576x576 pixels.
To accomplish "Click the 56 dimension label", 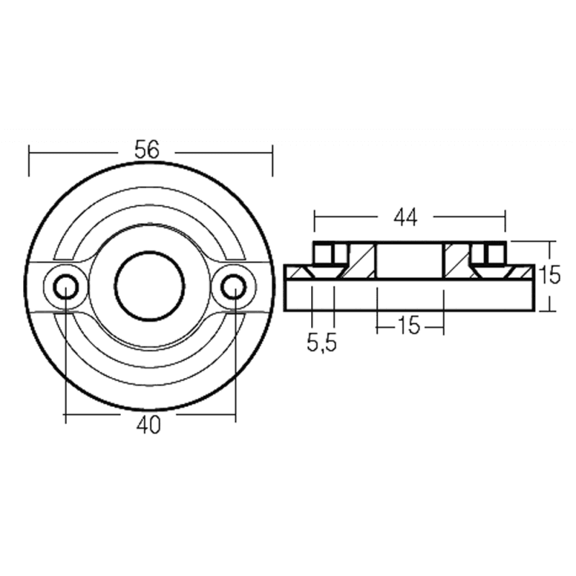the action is pos(147,150).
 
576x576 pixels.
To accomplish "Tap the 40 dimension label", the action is pos(148,426).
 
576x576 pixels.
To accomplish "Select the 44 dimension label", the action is pos(405,217).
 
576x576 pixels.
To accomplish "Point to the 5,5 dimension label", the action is pos(321,344).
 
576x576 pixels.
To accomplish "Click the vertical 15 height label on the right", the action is pos(549,275).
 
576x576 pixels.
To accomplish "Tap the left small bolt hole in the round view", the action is pos(66,287).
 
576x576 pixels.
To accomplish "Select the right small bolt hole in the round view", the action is pos(234,287).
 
